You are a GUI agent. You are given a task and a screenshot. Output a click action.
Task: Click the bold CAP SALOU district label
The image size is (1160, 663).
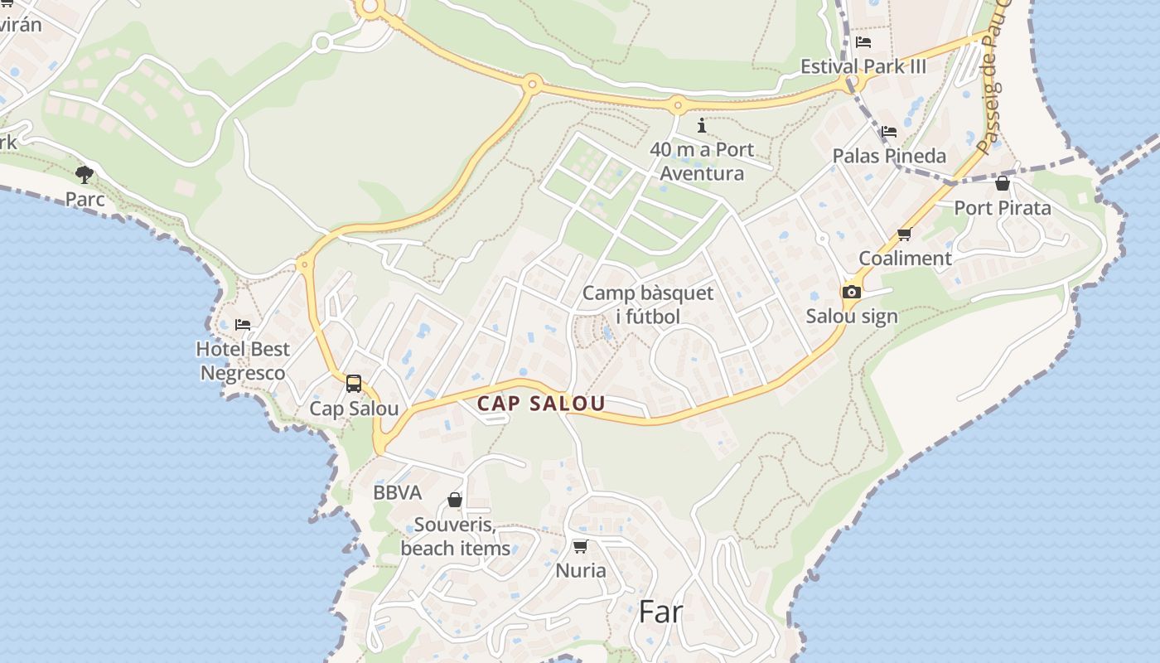point(541,404)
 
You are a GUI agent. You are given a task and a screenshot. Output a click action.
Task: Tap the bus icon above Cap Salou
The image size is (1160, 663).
point(354,384)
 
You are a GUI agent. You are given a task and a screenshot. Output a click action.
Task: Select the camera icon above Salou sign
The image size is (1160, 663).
point(851,292)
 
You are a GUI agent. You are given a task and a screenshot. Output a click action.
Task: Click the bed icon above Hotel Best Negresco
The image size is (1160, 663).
point(243,324)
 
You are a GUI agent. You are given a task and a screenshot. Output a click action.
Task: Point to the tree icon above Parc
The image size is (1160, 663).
point(85,174)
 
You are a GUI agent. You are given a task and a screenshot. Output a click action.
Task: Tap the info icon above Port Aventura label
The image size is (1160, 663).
point(702,125)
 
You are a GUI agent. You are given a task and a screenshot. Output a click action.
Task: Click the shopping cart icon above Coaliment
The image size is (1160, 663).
point(905,235)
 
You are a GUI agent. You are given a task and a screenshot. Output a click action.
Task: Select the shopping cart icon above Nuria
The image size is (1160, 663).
point(580,546)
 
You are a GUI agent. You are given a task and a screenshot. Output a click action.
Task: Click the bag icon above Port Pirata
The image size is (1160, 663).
point(1003,183)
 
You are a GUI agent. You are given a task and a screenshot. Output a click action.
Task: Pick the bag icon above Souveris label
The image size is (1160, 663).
point(455,500)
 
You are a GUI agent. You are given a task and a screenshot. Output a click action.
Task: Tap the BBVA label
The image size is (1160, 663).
point(397,492)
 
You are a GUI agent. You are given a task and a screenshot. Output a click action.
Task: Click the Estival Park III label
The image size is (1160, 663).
point(863,66)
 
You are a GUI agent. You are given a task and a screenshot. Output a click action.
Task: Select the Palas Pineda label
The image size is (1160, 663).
point(889,156)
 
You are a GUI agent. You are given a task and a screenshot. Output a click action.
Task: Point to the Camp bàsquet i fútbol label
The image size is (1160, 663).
point(647,304)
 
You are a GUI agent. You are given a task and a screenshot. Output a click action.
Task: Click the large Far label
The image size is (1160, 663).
point(660,612)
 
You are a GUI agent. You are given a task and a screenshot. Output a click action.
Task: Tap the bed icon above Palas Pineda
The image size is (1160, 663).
point(889,131)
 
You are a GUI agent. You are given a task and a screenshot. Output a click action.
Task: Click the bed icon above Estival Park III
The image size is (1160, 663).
point(863,41)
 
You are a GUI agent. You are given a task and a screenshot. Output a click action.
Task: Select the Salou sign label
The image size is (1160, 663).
point(852,316)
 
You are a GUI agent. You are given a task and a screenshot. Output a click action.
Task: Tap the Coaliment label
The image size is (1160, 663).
point(905,258)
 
